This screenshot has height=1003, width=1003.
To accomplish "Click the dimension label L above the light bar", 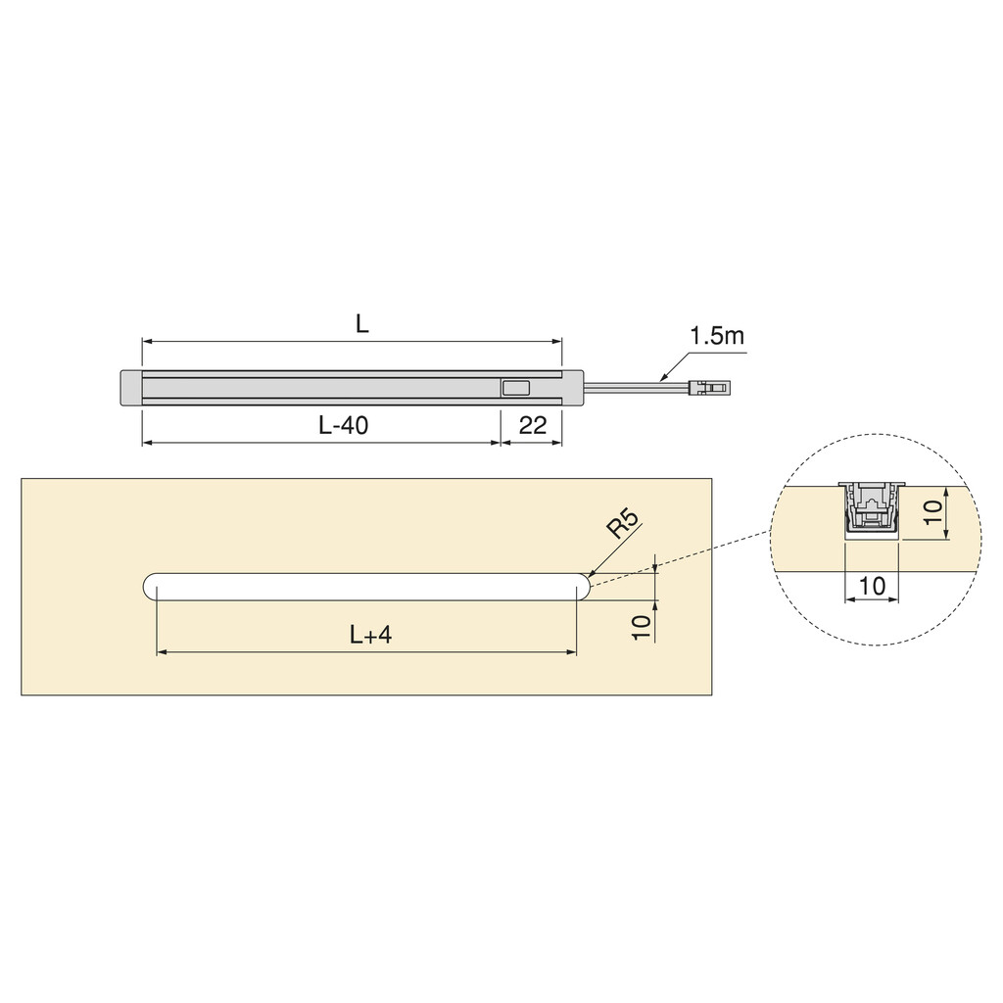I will pos(362,324).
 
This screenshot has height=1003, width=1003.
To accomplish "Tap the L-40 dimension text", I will pos(343,425).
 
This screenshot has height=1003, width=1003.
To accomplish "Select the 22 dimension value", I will pos(532,425).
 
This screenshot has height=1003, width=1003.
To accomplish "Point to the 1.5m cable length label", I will pos(717,336).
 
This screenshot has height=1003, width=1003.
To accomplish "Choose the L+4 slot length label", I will pos(370,635).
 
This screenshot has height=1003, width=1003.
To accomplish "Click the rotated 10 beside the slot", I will pos(642,626).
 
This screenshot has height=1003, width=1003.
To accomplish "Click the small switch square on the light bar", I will pos(514,388).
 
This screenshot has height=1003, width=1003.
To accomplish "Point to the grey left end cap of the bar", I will pos(130,388).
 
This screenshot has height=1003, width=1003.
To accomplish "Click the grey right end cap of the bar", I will pos(573,388).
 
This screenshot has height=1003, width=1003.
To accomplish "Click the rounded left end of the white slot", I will pos(154,586).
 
